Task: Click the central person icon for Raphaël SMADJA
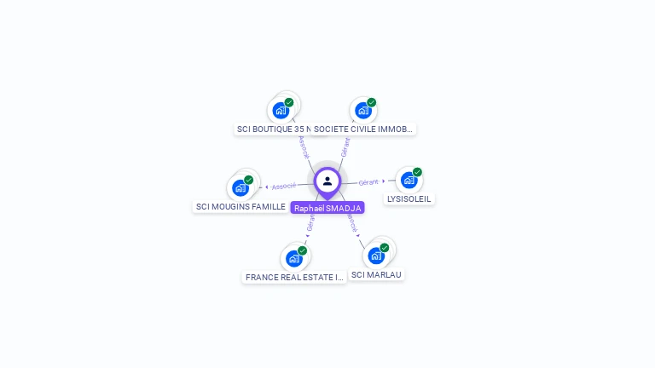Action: point(327,181)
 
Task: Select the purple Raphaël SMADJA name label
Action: point(327,208)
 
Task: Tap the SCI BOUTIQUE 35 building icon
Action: point(280,110)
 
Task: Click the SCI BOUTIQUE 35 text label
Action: point(271,129)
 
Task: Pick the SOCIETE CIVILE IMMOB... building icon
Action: point(363,110)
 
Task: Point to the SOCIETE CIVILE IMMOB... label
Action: point(363,129)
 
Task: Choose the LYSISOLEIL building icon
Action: point(409,180)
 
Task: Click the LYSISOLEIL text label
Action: point(409,199)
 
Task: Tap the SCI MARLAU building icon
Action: point(376,255)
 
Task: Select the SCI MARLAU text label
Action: point(376,274)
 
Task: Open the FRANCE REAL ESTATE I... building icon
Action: point(294,257)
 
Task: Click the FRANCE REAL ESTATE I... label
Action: point(294,277)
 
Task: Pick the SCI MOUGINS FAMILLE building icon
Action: point(241,187)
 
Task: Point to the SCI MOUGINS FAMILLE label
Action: point(241,207)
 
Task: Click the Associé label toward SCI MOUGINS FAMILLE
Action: point(284,186)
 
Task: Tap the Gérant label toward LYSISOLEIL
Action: point(368,182)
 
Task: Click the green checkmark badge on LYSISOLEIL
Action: point(417,172)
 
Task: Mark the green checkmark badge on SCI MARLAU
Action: point(385,247)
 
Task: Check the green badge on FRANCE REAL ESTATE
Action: point(302,250)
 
